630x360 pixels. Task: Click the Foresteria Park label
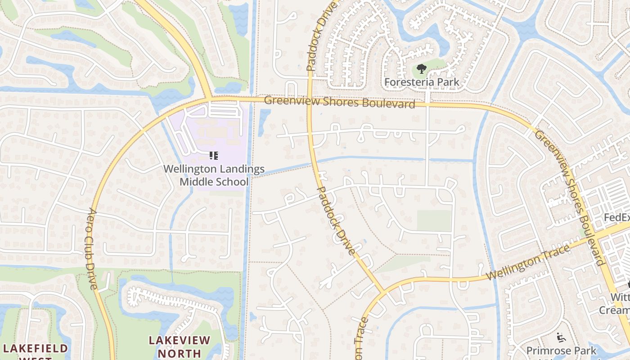[x=422, y=82]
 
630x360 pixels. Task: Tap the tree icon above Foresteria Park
[x=421, y=69]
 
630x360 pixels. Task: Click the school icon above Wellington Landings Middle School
[x=214, y=156]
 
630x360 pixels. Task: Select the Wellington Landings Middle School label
[x=214, y=175]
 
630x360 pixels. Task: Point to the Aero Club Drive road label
[x=92, y=248]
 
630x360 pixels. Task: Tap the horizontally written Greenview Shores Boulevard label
[x=339, y=102]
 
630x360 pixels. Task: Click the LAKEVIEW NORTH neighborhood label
[x=180, y=346]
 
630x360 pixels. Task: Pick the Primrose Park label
[x=561, y=350]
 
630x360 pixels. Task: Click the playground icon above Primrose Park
[x=561, y=337]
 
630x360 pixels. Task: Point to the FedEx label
[x=616, y=217]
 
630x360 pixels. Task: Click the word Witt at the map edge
[x=620, y=297]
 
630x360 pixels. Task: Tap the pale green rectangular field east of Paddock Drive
[x=434, y=220]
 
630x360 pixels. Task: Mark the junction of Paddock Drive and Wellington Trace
[x=382, y=292]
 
